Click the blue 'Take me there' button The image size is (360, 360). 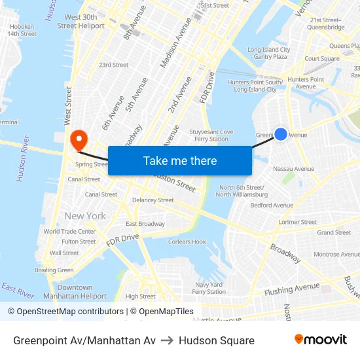click(179, 160)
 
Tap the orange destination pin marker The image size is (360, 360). click(79, 139)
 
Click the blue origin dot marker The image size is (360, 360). click(280, 134)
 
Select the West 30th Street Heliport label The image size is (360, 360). click(81, 22)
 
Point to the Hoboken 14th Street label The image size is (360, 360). click(22, 30)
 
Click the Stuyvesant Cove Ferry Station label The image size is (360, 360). click(211, 135)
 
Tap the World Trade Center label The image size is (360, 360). click(69, 231)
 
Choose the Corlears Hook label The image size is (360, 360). click(187, 242)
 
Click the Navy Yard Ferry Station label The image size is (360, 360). click(209, 288)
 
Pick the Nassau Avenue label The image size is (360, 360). click(293, 169)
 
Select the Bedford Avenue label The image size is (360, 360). click(272, 205)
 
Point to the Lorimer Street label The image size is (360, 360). click(298, 222)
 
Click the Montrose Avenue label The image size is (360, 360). click(336, 254)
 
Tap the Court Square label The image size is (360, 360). click(321, 58)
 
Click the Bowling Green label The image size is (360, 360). click(54, 270)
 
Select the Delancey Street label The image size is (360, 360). click(153, 200)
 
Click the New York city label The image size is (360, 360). click(85, 216)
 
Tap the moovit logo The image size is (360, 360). click(321, 340)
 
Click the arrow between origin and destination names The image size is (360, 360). click(167, 340)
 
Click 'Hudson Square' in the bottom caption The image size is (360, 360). click(216, 340)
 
